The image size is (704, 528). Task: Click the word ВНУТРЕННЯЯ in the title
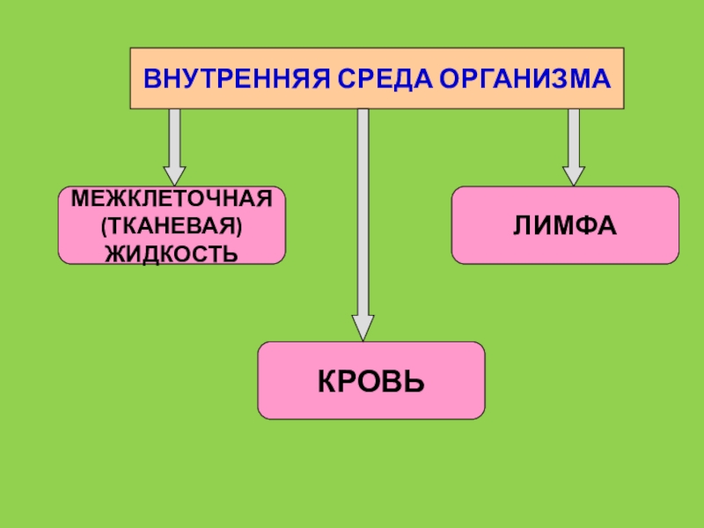pos(231,78)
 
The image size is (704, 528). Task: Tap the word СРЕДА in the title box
pos(373,78)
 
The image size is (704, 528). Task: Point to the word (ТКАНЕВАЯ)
pos(172,226)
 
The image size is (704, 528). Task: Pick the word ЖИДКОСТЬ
pos(172,253)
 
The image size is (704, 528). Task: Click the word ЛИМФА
pos(565,225)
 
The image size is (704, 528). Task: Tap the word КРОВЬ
pos(370,381)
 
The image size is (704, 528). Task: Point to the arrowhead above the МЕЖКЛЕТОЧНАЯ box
pos(175,174)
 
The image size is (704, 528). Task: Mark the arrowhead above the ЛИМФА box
pos(574,174)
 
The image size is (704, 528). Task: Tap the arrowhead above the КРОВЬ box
pos(363,328)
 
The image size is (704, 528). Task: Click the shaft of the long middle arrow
pos(363,211)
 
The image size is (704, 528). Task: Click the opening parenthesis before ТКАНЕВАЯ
pos(105,226)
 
